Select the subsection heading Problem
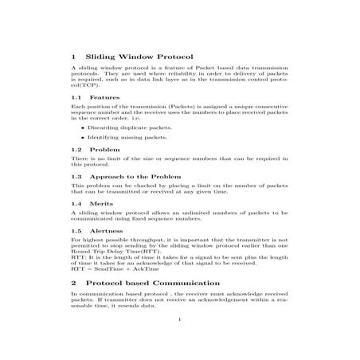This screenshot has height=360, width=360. [x=105, y=149]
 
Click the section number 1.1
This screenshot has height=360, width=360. [x=77, y=97]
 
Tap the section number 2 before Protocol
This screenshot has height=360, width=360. [x=74, y=283]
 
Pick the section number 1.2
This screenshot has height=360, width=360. [x=77, y=149]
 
